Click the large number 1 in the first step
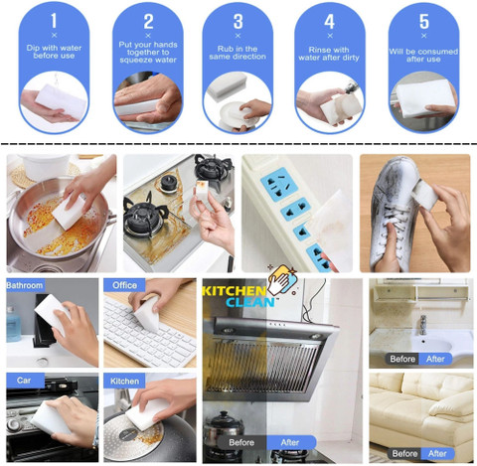54,21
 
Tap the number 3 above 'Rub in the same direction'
238,22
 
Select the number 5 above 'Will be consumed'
424,22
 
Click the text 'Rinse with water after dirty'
329,54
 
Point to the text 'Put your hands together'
148,49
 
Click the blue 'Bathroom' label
25,285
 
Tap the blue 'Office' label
124,285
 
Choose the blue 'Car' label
24,381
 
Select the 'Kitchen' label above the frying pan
124,381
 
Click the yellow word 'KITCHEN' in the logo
235,291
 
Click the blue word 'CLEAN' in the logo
250,302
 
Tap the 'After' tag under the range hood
290,442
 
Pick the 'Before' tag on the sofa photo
404,453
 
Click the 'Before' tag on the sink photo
402,359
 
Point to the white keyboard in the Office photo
147,335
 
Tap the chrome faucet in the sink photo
423,325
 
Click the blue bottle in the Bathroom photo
13,324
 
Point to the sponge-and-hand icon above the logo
282,280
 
